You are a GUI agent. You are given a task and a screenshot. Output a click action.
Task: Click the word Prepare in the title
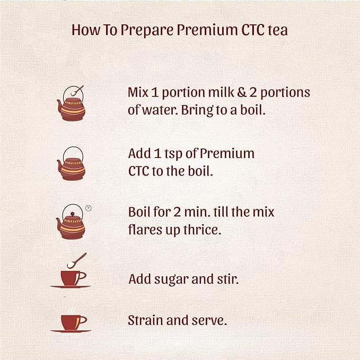pos(147,31)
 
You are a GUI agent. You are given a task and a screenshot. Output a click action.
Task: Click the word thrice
pos(203,230)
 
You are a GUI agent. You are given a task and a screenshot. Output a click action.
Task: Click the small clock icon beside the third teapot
pos(89,208)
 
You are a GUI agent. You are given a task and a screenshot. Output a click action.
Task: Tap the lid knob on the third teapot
pos(72,214)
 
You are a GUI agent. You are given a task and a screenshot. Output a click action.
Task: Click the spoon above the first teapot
pos(77,91)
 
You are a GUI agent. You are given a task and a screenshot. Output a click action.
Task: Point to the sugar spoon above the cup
pos(76,260)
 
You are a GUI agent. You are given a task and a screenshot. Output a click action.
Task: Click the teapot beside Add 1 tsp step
pos(71,163)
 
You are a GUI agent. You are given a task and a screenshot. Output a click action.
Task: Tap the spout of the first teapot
pos(59,106)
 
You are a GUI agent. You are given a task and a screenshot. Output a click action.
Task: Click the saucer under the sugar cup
pos(71,286)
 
